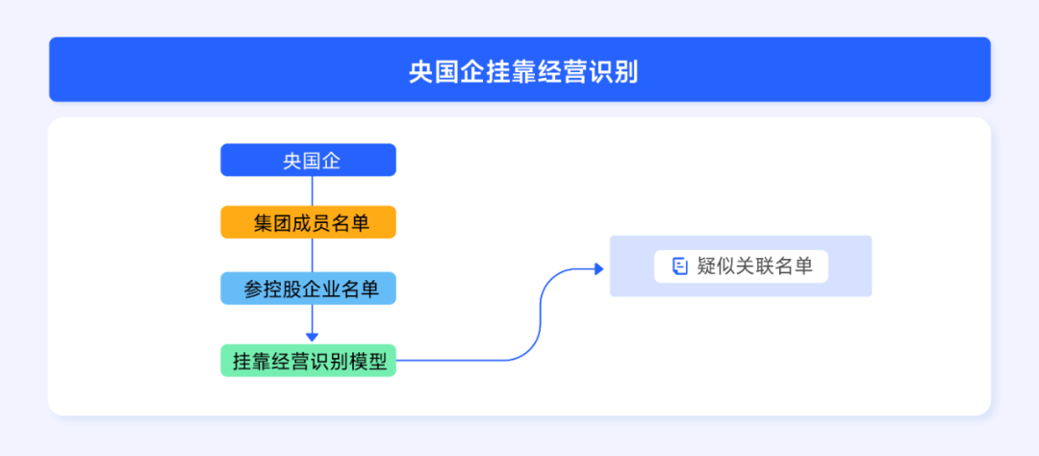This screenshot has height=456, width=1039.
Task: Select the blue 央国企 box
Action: tap(308, 161)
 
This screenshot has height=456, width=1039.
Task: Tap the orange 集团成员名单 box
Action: tap(308, 224)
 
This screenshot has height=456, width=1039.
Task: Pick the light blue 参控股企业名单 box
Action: tap(308, 289)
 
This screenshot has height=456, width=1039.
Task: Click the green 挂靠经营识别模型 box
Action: tap(308, 361)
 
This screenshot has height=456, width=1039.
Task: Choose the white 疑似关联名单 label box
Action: tap(741, 266)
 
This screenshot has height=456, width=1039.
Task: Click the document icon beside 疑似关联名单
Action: tap(679, 266)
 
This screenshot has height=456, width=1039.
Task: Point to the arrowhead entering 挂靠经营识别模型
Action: tap(312, 337)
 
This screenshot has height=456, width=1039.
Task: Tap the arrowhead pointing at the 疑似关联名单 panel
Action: tap(603, 267)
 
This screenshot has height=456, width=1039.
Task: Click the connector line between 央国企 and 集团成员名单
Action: tap(312, 191)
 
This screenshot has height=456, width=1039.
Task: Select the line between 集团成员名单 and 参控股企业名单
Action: tap(312, 256)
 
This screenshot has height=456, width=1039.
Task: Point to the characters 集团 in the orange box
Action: tap(267, 224)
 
